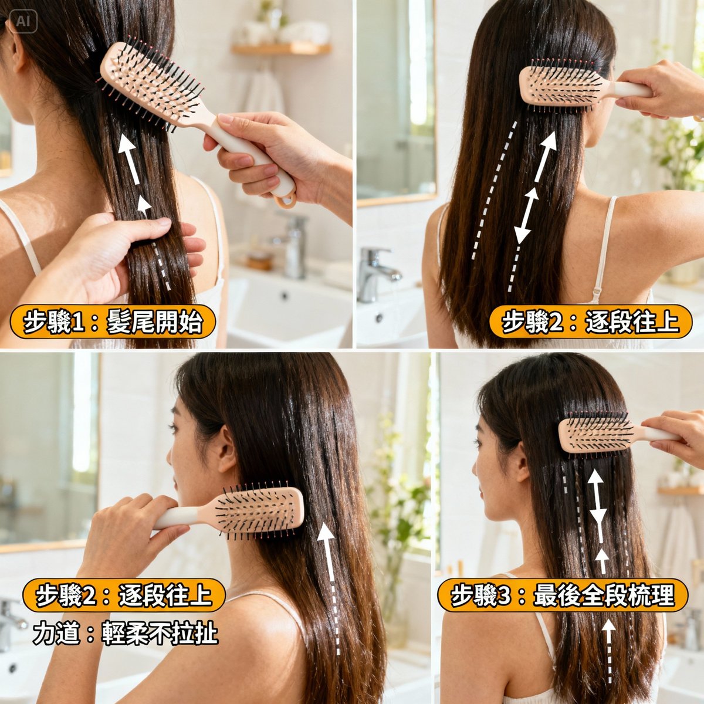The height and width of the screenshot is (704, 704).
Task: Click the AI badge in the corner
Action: (23, 22)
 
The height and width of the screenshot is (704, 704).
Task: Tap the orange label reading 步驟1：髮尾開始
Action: (113, 322)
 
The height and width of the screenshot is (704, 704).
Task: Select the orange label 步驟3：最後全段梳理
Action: (562, 595)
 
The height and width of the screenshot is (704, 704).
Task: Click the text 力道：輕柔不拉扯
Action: (126, 634)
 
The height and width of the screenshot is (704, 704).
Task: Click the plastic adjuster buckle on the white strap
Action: (597, 292)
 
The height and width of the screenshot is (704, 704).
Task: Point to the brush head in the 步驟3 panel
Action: (594, 435)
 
